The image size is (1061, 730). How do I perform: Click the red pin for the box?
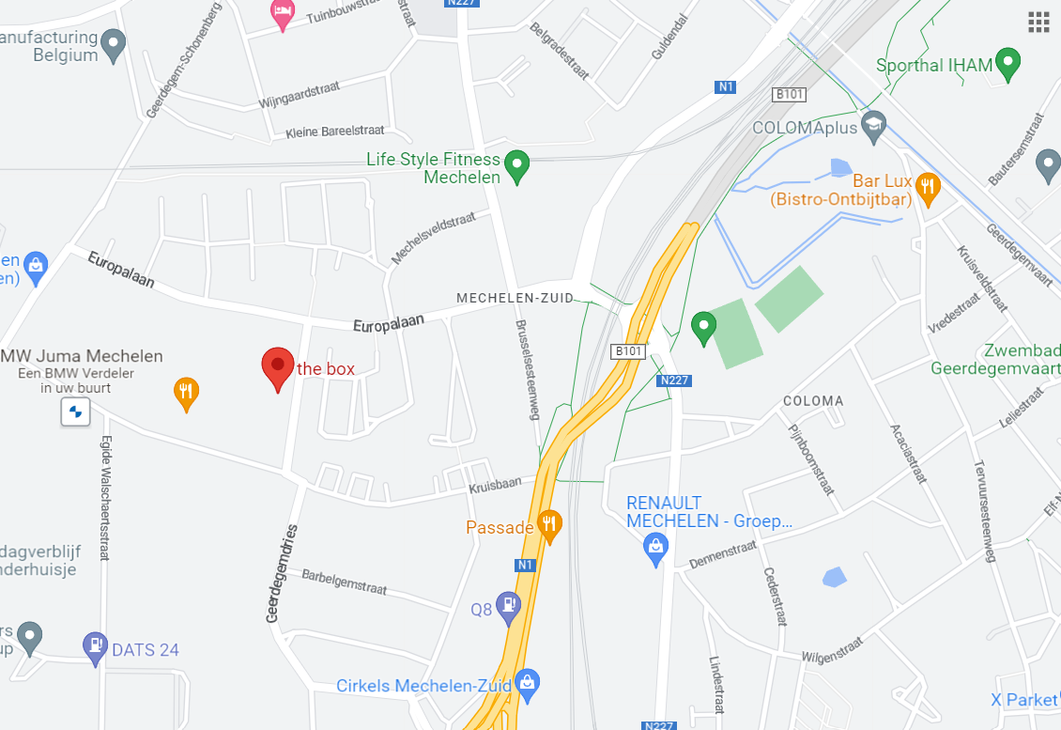pos(276,367)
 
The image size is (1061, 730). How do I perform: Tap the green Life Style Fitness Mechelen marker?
pos(515,167)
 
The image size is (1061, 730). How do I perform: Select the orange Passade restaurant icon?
pos(549,525)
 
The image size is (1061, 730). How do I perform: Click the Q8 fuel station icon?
pos(509,607)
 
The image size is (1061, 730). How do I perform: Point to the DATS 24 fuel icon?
pos(95,646)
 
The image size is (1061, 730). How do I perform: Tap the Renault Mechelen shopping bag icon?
pos(656,546)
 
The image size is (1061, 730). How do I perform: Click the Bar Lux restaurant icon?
pos(928,188)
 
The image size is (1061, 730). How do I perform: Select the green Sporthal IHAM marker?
pos(1008,64)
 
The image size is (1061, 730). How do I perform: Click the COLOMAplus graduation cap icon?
pos(874,126)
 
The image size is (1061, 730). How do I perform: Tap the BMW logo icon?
pos(76,412)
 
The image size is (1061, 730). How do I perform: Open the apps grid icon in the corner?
pos(1038,23)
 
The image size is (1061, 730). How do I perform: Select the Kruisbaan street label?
pos(495,485)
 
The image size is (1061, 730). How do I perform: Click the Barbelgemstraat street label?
pos(344,580)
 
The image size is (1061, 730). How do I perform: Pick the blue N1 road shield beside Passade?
pos(525,566)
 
